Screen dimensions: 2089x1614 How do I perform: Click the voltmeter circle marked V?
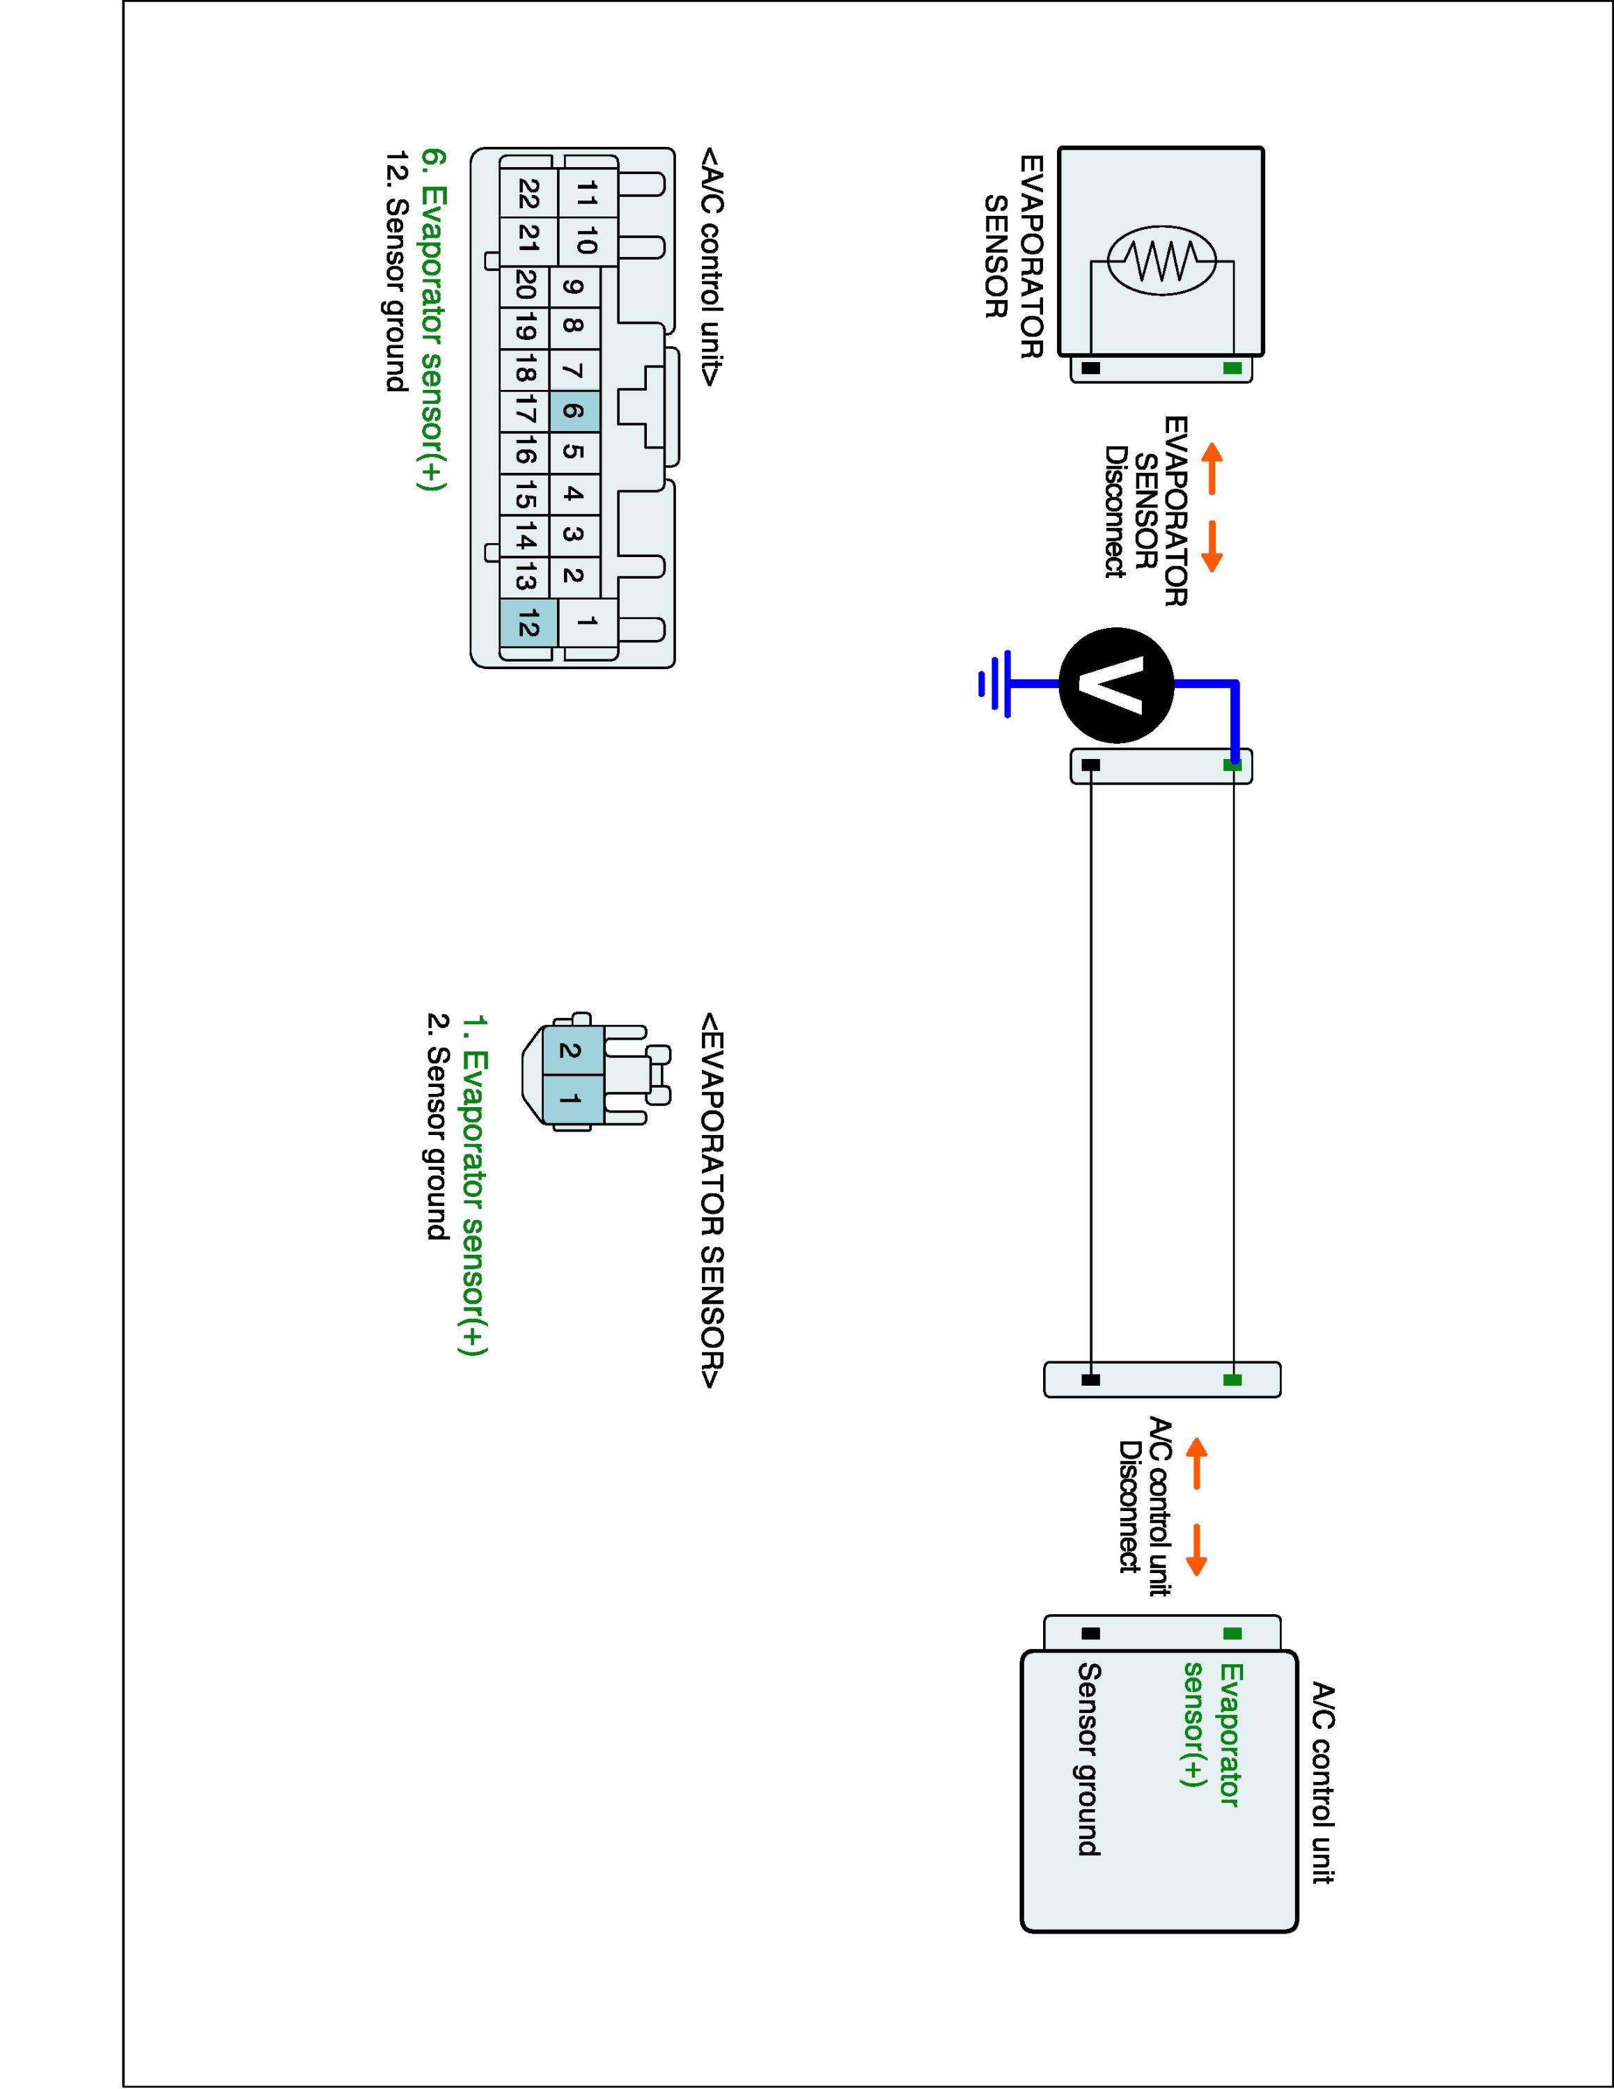pyautogui.click(x=1116, y=685)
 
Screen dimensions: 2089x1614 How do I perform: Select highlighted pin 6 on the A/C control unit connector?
pyautogui.click(x=574, y=412)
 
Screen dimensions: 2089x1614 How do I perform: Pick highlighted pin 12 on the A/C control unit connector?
pyautogui.click(x=526, y=627)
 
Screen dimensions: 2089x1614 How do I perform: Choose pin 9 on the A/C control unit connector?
pyautogui.click(x=574, y=287)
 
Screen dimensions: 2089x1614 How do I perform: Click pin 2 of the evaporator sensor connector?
pyautogui.click(x=568, y=1050)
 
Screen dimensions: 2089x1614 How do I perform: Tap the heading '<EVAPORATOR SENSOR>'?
pyautogui.click(x=712, y=1200)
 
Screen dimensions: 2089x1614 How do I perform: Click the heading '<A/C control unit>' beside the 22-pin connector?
pyautogui.click(x=712, y=266)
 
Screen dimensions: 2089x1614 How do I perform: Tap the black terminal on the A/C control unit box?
pyautogui.click(x=1090, y=1633)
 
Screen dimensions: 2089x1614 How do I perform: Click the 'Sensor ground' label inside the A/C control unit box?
pyautogui.click(x=1088, y=1759)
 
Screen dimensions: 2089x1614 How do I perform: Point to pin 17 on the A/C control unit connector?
pyautogui.click(x=524, y=412)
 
